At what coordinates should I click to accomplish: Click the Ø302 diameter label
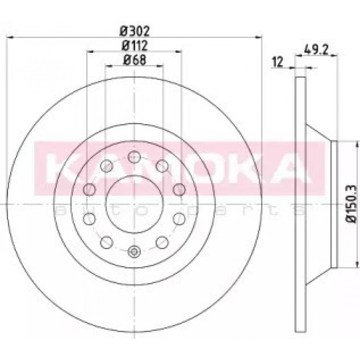click(x=135, y=31)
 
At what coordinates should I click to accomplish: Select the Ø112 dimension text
click(x=135, y=46)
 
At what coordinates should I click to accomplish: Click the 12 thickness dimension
click(x=277, y=62)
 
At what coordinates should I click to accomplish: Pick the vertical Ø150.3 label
click(x=351, y=204)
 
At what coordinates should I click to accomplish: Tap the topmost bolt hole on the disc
click(x=134, y=157)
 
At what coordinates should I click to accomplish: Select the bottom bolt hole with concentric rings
click(x=134, y=252)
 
